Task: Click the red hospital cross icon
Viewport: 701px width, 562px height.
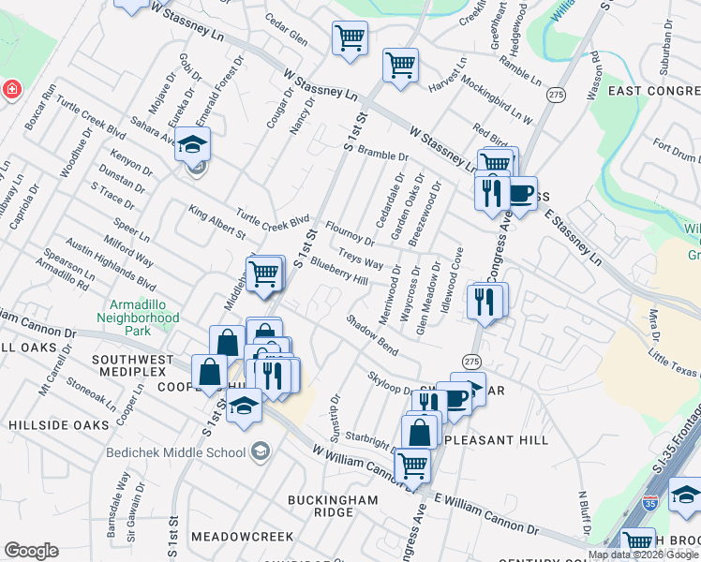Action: click(x=11, y=90)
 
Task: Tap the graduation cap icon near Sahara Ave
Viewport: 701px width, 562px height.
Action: click(x=192, y=145)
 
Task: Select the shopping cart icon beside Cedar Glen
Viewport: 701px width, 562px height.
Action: click(x=350, y=38)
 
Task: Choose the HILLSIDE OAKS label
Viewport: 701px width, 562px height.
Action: click(x=59, y=425)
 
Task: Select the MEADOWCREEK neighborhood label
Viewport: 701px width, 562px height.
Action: click(x=243, y=538)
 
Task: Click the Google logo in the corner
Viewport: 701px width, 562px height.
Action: click(x=31, y=551)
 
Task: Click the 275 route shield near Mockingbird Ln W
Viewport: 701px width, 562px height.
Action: click(x=557, y=96)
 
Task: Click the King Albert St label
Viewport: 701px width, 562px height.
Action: click(x=216, y=222)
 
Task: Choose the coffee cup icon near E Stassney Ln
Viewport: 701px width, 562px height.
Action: click(x=520, y=194)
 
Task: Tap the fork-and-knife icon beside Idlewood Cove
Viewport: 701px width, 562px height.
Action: click(x=485, y=302)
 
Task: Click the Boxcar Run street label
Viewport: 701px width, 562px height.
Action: click(x=41, y=101)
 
